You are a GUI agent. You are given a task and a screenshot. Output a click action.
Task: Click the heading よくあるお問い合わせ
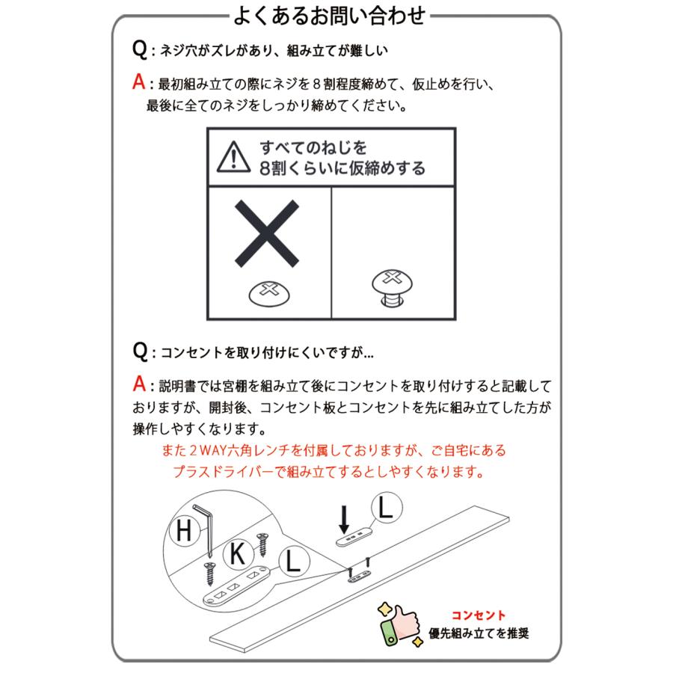tap(329, 16)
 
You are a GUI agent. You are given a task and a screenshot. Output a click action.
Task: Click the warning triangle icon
tap(233, 158)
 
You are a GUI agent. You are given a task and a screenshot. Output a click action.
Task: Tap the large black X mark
tap(266, 233)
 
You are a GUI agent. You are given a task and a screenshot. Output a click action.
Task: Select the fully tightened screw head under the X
tap(269, 294)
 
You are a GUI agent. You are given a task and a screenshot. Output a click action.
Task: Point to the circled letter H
tap(184, 530)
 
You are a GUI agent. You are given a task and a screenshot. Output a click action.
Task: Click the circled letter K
tap(238, 553)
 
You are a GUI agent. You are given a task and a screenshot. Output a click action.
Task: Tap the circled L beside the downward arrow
tap(386, 507)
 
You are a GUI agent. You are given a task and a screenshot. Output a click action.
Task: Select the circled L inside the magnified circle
tap(294, 561)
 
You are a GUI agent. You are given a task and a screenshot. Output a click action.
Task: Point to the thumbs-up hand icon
tap(399, 624)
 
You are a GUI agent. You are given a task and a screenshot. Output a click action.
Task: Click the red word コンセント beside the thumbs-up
tap(478, 615)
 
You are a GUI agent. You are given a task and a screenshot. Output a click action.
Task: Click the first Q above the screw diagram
tap(140, 49)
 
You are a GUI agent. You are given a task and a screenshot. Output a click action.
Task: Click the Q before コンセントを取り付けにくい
tap(140, 351)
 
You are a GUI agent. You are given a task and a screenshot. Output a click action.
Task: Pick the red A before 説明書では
tap(139, 384)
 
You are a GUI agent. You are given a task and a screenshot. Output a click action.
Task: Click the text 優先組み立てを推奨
tap(479, 633)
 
